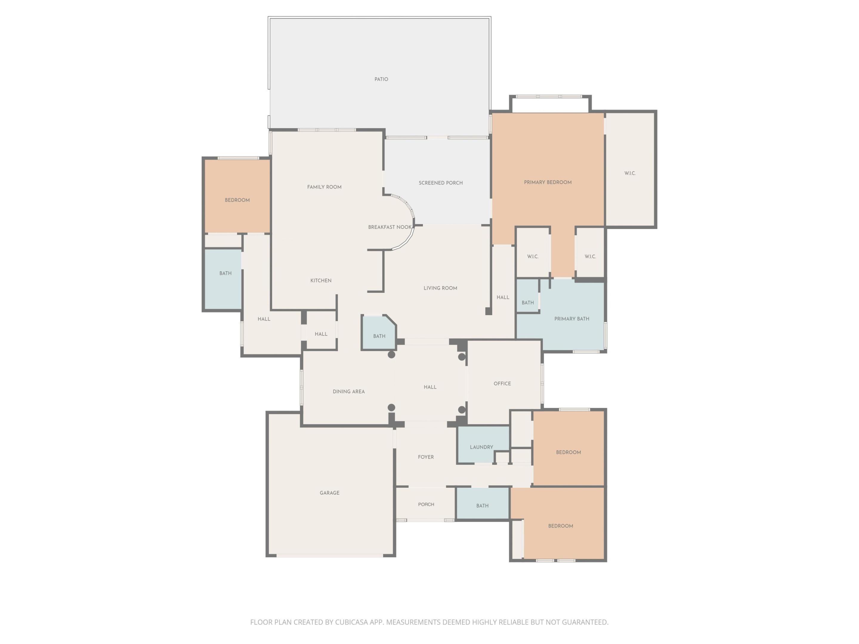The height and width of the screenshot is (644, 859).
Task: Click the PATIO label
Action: click(381, 79)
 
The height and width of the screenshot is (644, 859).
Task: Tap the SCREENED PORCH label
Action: click(440, 183)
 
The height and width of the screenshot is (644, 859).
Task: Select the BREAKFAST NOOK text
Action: click(390, 227)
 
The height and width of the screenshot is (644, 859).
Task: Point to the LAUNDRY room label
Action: click(481, 447)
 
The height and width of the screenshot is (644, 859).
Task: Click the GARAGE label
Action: click(329, 493)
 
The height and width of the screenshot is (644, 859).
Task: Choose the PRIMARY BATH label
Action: click(571, 319)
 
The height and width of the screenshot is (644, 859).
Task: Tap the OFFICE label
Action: click(502, 383)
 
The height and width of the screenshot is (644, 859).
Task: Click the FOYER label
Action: click(426, 457)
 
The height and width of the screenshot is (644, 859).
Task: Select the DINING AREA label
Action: click(348, 392)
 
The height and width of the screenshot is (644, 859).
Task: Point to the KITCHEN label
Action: click(321, 281)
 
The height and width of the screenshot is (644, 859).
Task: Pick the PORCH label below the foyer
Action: click(426, 504)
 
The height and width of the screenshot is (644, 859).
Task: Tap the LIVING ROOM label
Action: click(440, 288)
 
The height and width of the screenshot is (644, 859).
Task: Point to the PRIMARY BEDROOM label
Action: click(548, 182)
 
